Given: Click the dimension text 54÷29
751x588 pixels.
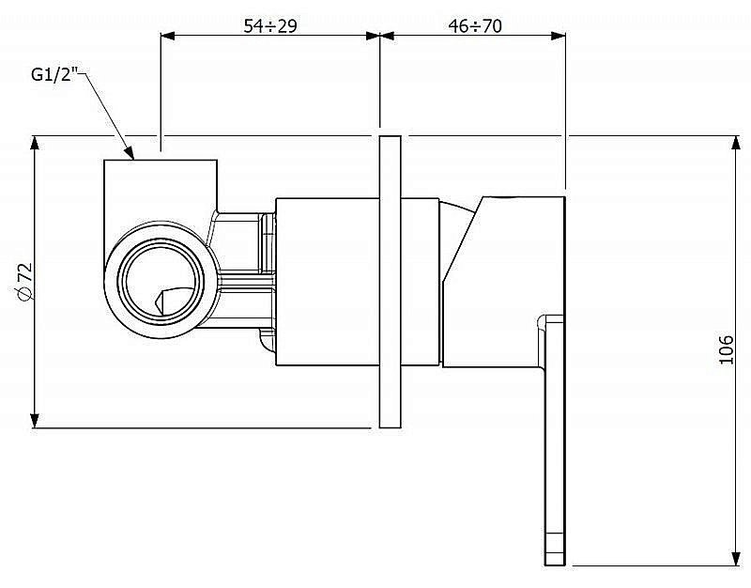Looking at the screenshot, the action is tap(270, 25).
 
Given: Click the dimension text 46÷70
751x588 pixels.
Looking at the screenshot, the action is tap(475, 25).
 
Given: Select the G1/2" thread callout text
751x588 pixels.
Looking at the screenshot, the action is tap(54, 74).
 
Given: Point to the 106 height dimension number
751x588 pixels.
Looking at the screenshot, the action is tap(726, 349).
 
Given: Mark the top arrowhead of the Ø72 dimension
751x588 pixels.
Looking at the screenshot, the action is tap(35, 143).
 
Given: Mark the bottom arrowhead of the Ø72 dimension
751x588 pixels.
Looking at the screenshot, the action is tap(35, 421).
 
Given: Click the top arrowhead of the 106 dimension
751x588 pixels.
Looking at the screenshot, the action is tap(736, 143).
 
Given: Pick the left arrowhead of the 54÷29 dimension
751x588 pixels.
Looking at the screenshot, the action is tap(168, 36).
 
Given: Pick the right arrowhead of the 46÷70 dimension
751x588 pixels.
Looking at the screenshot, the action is tap(559, 36).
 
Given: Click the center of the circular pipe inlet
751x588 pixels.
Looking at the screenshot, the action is tap(161, 280).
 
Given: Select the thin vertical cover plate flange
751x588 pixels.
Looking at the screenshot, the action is tap(390, 282).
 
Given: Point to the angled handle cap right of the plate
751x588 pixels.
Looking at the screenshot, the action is tap(503, 282).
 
